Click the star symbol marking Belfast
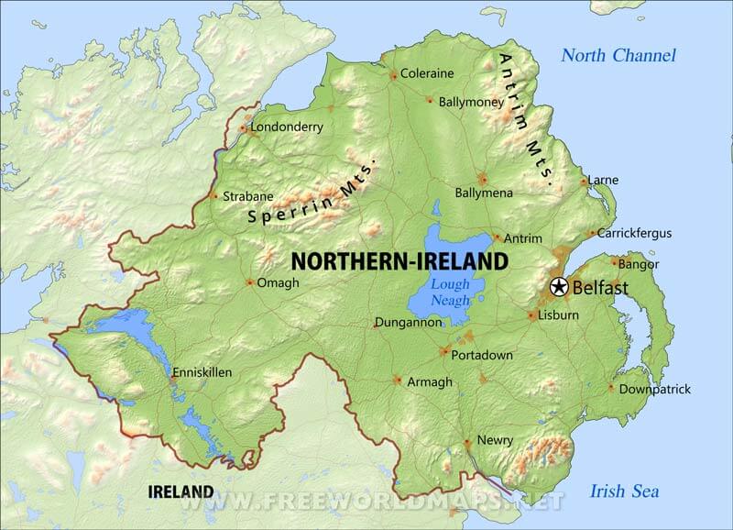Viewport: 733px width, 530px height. coord(558,288)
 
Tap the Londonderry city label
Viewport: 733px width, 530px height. coord(287,127)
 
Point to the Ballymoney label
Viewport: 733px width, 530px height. coord(471,102)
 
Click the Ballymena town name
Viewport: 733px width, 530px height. coord(484,193)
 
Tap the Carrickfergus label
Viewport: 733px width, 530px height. coord(635,234)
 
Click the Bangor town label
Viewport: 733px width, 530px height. coord(639,264)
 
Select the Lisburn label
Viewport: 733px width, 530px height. coord(559,315)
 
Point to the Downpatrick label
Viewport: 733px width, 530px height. coord(654,390)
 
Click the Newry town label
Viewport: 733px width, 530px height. coord(495,441)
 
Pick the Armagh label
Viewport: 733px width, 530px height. coord(430,382)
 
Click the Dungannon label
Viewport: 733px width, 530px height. coord(408,323)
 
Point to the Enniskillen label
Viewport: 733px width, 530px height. coord(202,373)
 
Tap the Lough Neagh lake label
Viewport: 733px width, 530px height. coord(450,293)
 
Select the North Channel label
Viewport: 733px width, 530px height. coord(618,56)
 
